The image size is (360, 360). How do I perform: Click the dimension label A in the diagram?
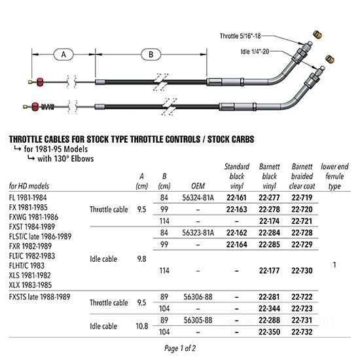tap(63, 54)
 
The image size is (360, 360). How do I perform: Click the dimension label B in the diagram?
tap(151, 54)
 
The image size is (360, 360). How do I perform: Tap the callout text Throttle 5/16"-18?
tap(240, 36)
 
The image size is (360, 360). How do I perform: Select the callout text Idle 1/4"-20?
tap(255, 52)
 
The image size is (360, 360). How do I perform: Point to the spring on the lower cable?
tap(48, 107)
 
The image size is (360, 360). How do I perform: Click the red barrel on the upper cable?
tap(40, 82)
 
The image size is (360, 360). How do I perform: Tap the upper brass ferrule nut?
tap(317, 35)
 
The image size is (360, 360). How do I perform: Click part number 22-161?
tap(236, 198)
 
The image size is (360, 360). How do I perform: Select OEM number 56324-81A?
tap(198, 198)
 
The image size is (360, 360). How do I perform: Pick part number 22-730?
tap(302, 271)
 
